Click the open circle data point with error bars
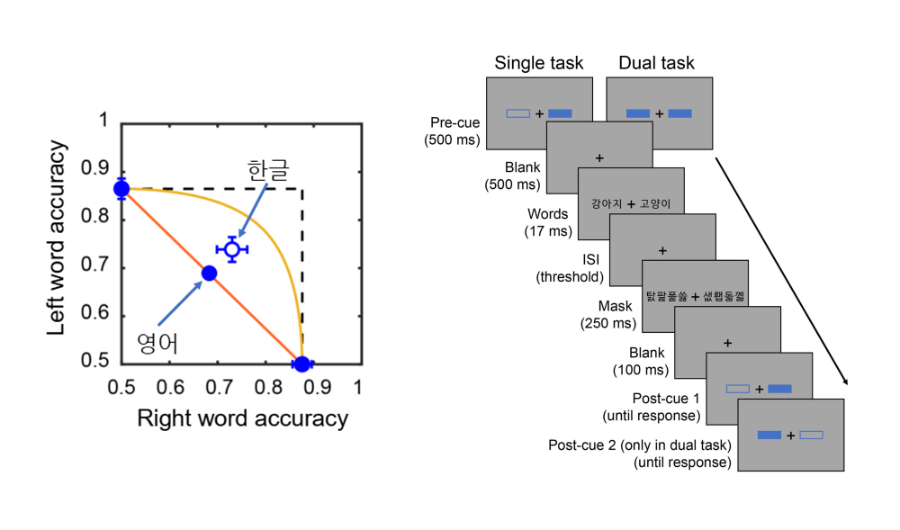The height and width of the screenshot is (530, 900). (x=231, y=249)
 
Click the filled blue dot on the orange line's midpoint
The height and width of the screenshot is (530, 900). (x=209, y=273)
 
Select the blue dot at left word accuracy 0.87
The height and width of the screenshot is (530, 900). (x=121, y=189)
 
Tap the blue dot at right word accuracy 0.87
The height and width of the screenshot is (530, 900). (x=301, y=364)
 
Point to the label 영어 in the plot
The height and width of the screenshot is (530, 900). (x=157, y=342)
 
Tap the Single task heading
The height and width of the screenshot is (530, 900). (x=539, y=63)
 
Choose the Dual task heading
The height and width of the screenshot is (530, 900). (x=656, y=63)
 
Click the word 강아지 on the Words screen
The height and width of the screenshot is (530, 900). (x=607, y=204)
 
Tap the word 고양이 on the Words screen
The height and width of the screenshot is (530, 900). (x=652, y=204)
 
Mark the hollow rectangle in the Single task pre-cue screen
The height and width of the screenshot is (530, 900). (x=519, y=113)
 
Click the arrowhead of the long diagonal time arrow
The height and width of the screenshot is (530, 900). (x=846, y=382)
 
